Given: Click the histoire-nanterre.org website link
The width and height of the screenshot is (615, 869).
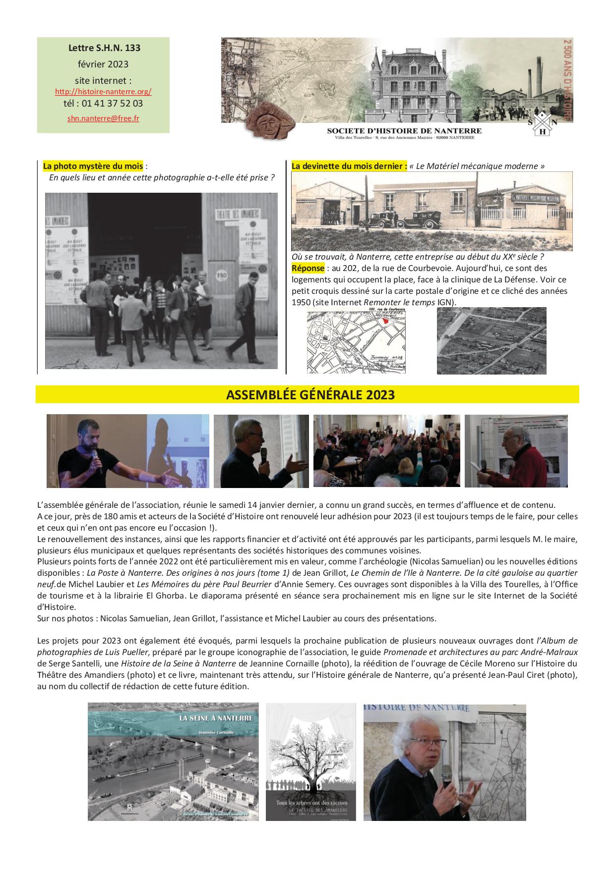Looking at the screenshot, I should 103,92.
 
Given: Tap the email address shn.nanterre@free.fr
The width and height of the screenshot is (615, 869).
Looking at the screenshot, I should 103,118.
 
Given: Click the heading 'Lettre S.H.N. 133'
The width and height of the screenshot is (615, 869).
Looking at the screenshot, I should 104,48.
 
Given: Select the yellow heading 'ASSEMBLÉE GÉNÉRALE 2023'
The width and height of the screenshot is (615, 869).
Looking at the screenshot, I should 310,395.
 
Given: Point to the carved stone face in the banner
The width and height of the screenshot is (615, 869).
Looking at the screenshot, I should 269,121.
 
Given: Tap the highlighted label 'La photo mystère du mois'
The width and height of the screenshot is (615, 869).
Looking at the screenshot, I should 93,166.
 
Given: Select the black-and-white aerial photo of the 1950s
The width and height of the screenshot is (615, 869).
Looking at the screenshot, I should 491,340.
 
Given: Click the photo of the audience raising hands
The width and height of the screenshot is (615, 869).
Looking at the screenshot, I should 386,450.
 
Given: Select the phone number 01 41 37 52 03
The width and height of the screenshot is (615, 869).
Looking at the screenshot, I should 112,104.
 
